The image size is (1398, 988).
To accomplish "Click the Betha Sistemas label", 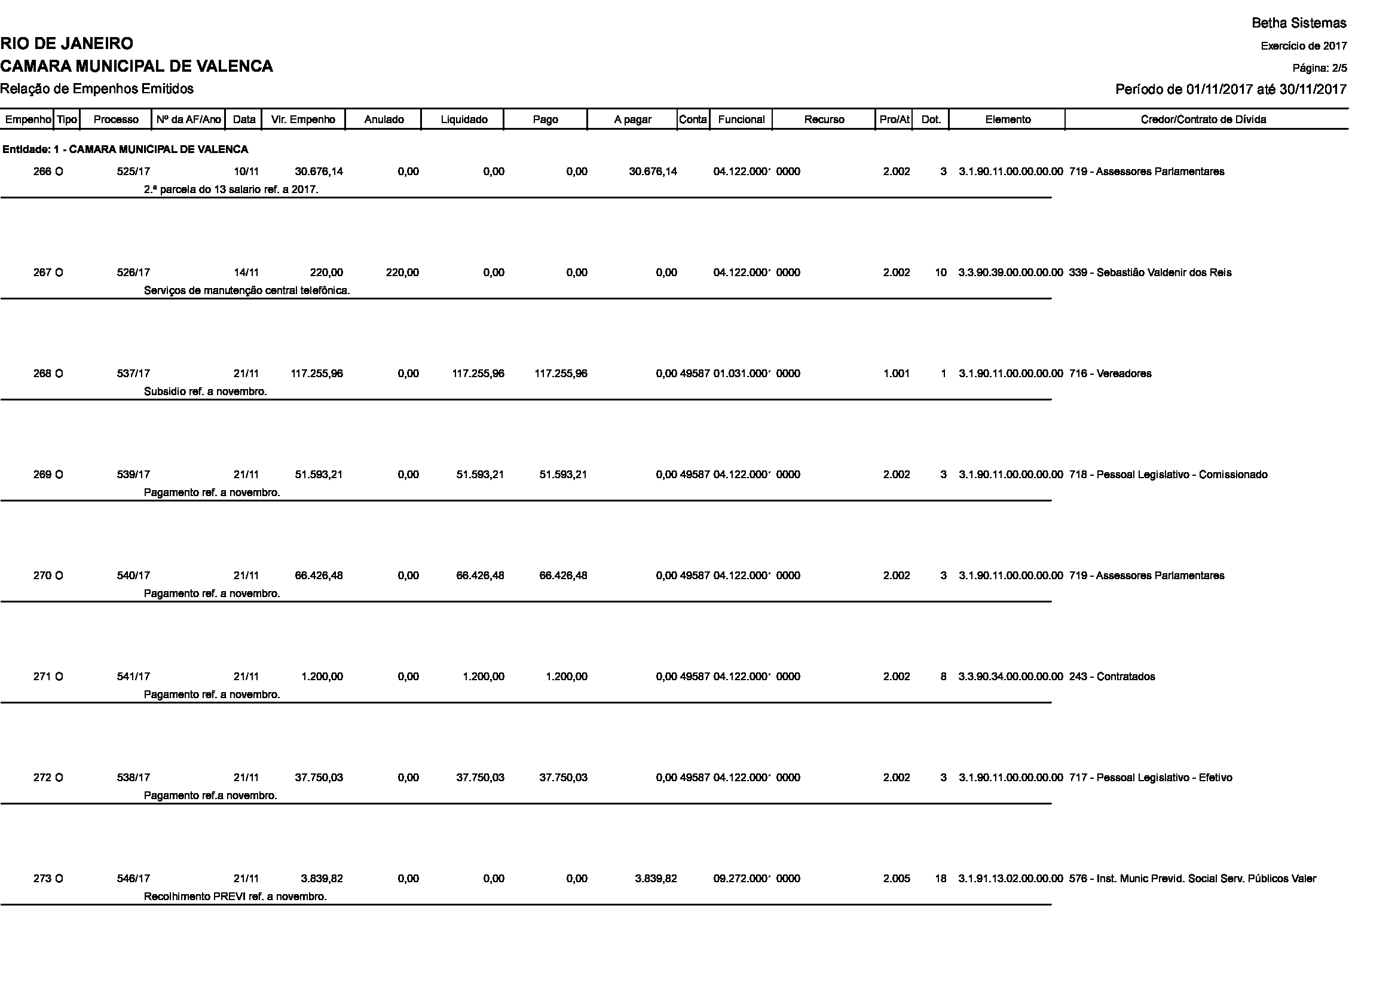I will tap(1299, 23).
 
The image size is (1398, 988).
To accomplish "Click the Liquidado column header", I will tap(463, 120).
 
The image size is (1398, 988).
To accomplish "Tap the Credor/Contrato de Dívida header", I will tap(1203, 120).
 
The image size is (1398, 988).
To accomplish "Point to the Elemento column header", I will tap(1007, 120).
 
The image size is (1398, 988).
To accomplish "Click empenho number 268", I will tap(42, 374).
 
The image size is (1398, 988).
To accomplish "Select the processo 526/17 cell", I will tap(133, 273).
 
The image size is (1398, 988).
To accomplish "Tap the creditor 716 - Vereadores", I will tap(1109, 374).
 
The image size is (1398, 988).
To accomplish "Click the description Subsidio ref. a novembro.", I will tap(205, 391).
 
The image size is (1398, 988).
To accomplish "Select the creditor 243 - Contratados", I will tap(1111, 677).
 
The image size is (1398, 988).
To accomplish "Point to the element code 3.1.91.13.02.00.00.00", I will tap(1010, 879).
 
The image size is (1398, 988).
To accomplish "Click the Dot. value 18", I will tap(940, 879).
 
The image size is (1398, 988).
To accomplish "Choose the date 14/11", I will tap(246, 273).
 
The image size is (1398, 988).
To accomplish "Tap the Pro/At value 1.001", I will tap(897, 374).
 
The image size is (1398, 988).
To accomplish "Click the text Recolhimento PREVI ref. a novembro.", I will tap(235, 897).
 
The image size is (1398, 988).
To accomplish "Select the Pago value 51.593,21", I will tap(562, 475).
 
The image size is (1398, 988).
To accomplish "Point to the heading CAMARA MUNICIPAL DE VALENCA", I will tap(136, 66).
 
